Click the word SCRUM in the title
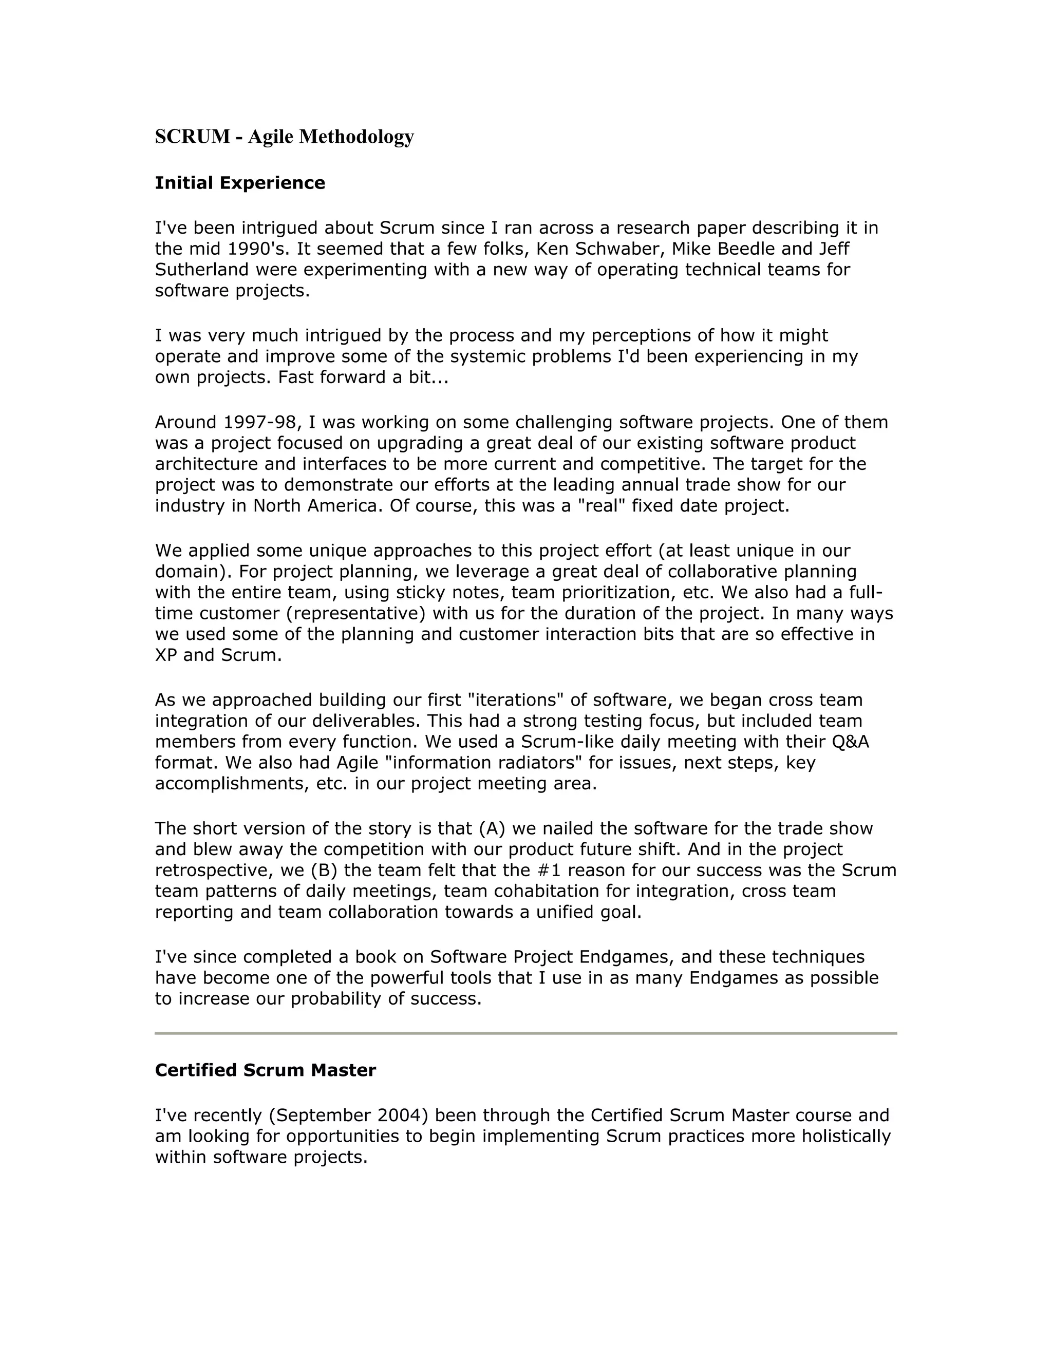pyautogui.click(x=193, y=137)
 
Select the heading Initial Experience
pyautogui.click(x=240, y=183)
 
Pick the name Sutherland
pyautogui.click(x=202, y=270)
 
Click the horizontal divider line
pyautogui.click(x=525, y=1033)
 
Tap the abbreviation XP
pyautogui.click(x=166, y=655)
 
